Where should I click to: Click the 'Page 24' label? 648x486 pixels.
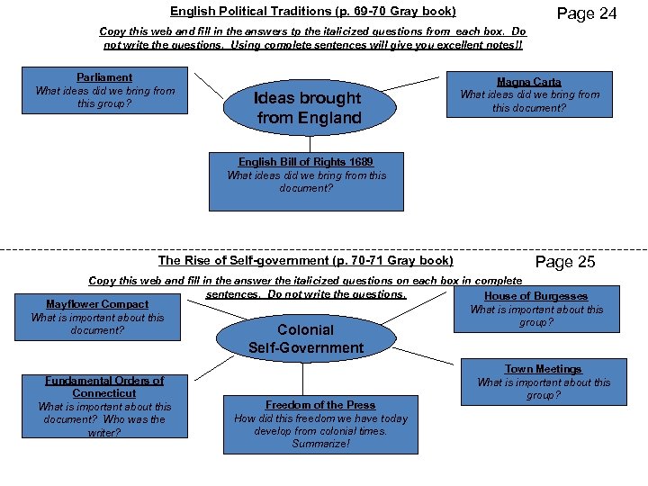[x=587, y=13]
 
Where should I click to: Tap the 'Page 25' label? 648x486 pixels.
[x=565, y=262]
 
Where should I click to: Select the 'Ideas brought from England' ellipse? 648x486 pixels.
[x=309, y=108]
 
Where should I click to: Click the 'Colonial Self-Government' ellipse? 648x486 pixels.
[x=306, y=338]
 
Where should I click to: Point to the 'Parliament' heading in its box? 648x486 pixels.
[x=104, y=77]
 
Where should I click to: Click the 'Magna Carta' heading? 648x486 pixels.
[x=529, y=82]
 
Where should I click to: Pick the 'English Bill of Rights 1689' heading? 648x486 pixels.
[x=306, y=162]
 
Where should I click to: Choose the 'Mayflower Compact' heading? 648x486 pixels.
[x=97, y=304]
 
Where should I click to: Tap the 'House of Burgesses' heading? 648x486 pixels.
[x=535, y=296]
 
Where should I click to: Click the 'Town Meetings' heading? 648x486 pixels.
[x=543, y=369]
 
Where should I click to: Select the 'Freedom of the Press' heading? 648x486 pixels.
[x=320, y=405]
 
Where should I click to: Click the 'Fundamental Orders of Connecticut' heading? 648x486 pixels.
[x=104, y=387]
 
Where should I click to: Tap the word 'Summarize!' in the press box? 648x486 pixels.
[x=320, y=444]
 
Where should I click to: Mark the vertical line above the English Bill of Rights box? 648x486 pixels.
[x=309, y=142]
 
